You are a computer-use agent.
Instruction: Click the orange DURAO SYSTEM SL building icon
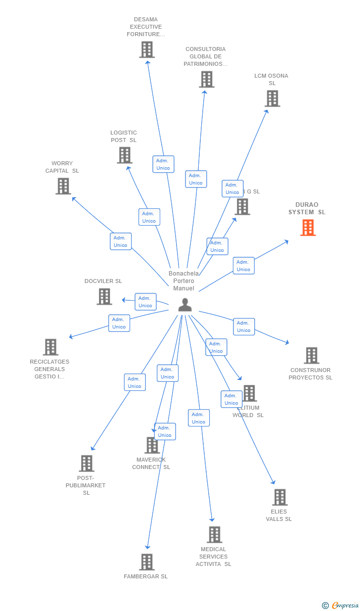[308, 228]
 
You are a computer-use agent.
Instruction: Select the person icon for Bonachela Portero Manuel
[185, 305]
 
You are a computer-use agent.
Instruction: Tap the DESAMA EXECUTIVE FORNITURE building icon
[147, 49]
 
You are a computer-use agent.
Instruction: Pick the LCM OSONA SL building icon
[272, 98]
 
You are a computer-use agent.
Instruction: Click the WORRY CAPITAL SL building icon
[63, 186]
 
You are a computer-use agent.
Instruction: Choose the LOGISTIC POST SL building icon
[125, 155]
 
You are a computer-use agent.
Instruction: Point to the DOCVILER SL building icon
[104, 296]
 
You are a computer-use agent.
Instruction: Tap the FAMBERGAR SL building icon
[147, 562]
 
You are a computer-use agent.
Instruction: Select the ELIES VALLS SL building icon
[279, 497]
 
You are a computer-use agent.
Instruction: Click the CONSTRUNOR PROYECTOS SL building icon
[311, 355]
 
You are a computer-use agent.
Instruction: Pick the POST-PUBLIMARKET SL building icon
[87, 464]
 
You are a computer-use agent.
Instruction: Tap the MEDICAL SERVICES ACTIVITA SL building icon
[214, 535]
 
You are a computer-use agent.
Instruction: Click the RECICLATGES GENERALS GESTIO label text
[49, 369]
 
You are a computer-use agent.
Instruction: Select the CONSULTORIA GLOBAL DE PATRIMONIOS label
[206, 56]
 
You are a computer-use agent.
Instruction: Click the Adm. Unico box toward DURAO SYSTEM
[243, 266]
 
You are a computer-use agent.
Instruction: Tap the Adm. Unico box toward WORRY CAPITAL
[121, 241]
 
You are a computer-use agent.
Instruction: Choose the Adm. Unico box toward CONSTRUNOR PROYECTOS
[244, 327]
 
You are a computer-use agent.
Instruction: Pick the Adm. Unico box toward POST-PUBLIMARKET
[135, 382]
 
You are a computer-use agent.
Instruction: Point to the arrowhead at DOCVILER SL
[124, 300]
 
